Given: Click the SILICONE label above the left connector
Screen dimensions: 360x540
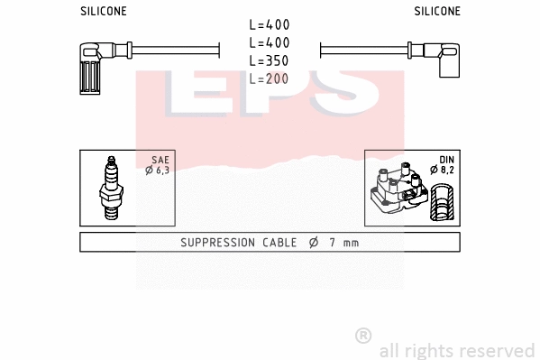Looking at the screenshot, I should click(104, 11).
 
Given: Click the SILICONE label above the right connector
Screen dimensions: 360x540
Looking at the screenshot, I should click(437, 11).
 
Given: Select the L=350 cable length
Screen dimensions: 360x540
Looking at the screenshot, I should click(270, 61).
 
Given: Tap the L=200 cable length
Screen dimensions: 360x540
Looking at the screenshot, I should click(270, 79).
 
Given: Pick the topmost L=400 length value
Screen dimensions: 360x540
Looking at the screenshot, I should click(270, 25).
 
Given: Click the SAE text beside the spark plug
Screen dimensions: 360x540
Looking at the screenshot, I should click(160, 160).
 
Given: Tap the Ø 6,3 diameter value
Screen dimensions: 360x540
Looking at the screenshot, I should click(159, 170).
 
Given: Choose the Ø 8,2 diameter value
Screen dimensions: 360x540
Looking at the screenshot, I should click(442, 170).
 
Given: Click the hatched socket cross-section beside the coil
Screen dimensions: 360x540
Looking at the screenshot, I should click(441, 203).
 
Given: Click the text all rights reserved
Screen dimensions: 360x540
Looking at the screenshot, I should click(456, 350).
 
